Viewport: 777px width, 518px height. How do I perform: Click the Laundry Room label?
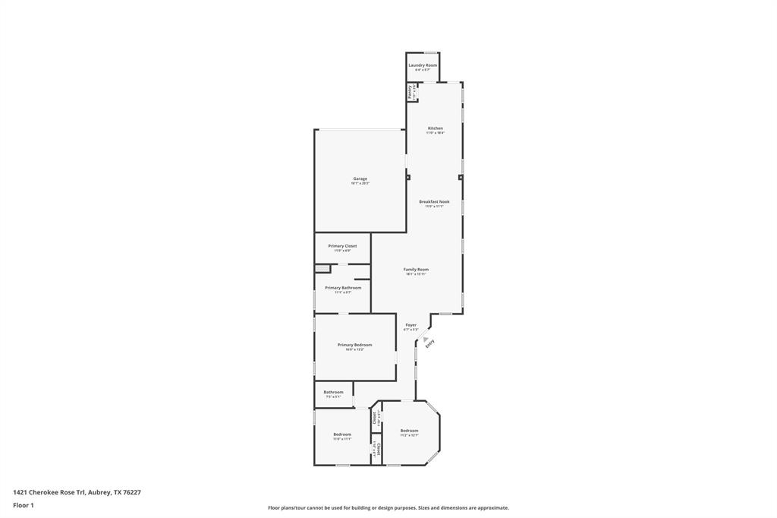423,65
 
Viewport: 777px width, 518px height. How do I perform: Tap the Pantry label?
410,91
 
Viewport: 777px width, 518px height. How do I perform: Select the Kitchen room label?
435,128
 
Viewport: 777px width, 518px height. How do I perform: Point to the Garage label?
360,178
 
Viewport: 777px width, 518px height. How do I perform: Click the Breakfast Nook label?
434,201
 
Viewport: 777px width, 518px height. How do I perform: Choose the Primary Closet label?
342,246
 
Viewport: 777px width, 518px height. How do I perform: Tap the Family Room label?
416,269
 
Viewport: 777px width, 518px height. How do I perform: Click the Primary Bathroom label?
343,287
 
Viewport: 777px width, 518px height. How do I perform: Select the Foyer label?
411,324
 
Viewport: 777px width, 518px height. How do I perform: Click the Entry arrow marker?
426,340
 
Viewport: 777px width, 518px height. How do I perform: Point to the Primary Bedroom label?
354,345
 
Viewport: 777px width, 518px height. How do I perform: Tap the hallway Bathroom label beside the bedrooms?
334,392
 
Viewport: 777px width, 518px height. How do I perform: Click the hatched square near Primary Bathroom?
322,268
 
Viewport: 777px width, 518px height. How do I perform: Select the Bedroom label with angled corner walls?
409,430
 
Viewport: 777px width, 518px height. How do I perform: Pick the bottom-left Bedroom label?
342,434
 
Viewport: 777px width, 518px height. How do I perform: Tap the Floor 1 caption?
24,505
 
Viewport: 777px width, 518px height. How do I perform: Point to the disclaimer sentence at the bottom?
388,508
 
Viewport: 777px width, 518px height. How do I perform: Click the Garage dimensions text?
360,184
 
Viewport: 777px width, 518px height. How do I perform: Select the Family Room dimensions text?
416,274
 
